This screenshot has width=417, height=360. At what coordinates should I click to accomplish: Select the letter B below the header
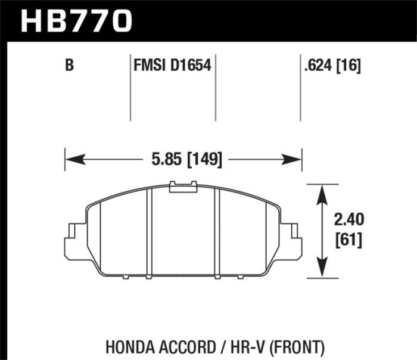pos(70,66)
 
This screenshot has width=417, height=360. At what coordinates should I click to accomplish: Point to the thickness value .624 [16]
pos(332,66)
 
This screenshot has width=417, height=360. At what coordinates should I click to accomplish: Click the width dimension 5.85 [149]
pos(183,160)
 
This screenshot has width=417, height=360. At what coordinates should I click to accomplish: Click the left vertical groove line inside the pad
pos(149,232)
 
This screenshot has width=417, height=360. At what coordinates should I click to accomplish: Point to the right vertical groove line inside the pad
pos(219,232)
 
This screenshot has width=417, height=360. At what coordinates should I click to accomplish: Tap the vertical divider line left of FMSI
pos(130,89)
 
